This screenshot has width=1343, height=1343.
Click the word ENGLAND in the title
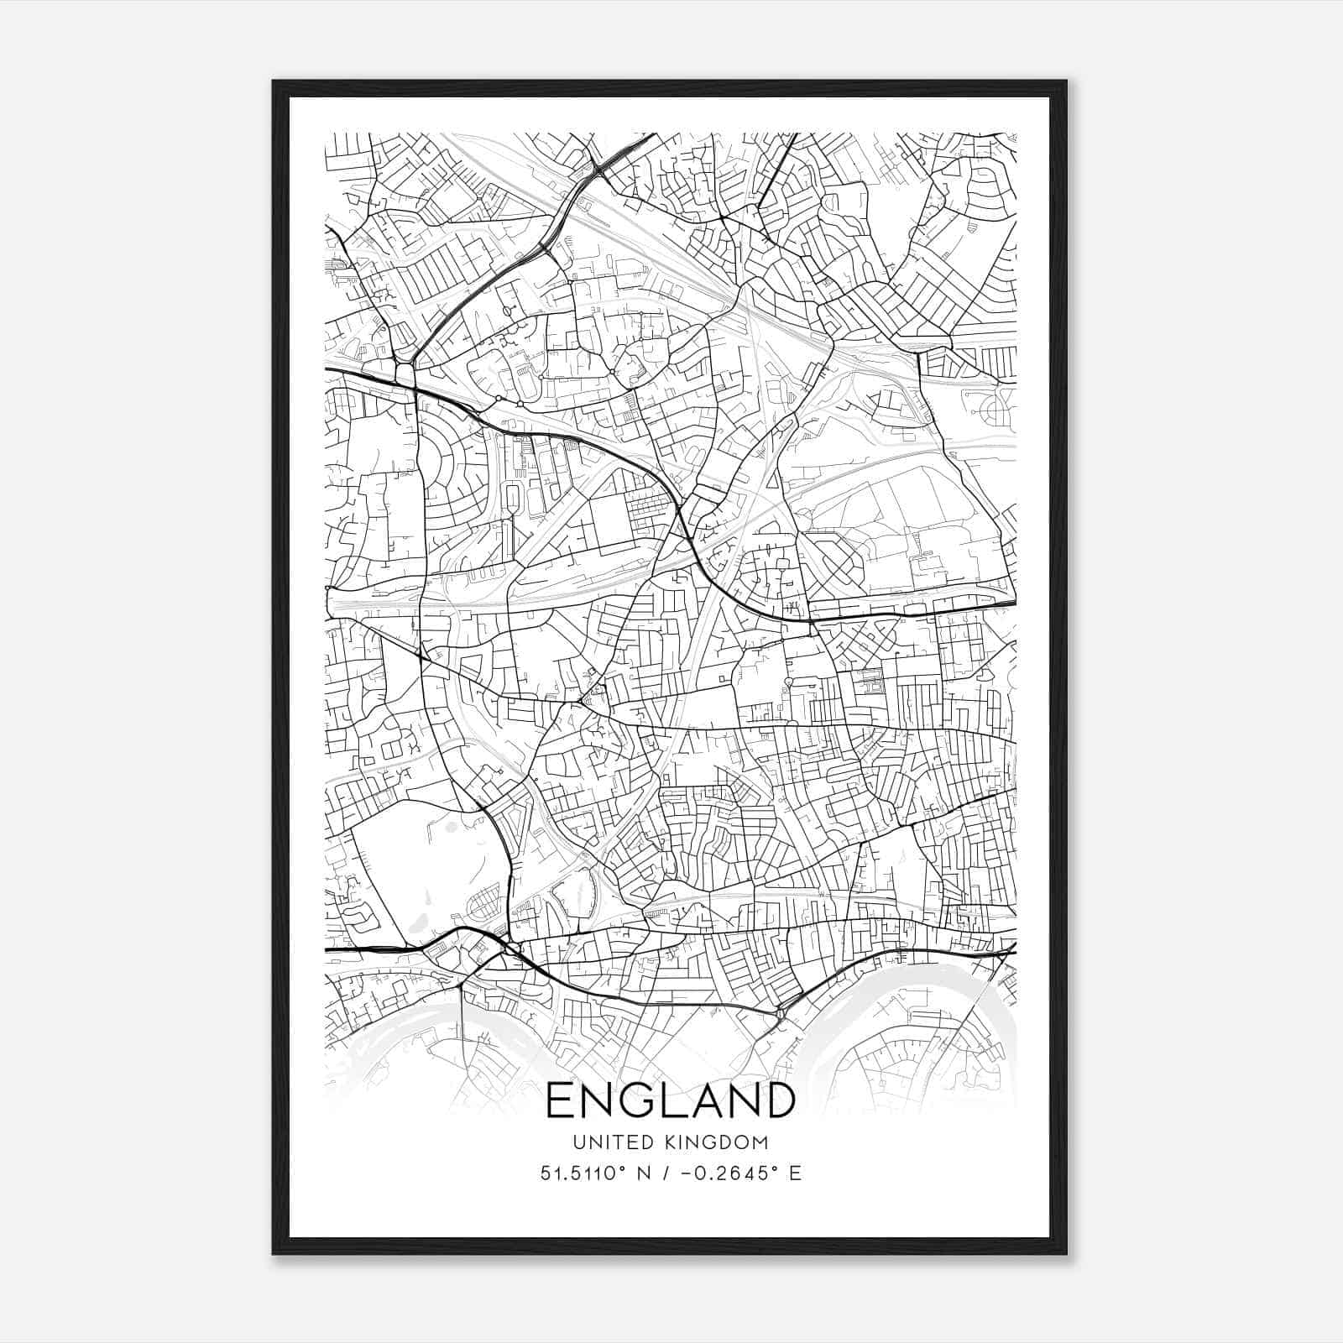(x=670, y=1100)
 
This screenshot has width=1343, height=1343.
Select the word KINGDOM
(x=727, y=1142)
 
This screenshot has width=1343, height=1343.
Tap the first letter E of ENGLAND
(x=562, y=1100)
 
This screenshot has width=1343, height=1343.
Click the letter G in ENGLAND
(x=644, y=1100)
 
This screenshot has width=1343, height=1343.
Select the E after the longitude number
(x=795, y=1173)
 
